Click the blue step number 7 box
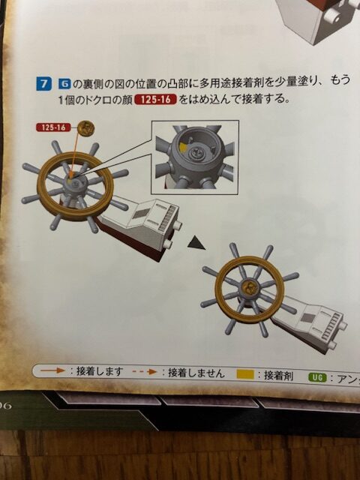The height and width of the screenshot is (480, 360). (x=42, y=83)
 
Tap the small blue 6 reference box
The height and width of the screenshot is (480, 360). (x=64, y=83)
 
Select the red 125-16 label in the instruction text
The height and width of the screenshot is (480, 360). (x=156, y=100)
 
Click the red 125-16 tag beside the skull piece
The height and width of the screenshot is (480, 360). (x=53, y=127)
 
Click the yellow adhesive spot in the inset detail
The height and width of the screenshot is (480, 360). (x=183, y=147)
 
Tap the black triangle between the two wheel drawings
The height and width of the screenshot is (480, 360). (x=196, y=243)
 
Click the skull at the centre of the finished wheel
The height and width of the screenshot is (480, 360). (x=249, y=287)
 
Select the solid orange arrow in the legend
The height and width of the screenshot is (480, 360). (x=52, y=370)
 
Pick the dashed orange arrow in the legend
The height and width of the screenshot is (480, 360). (x=145, y=372)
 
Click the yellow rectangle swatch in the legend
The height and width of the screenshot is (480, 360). (x=245, y=374)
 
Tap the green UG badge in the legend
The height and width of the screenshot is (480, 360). (x=318, y=378)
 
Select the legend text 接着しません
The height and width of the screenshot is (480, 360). (x=196, y=373)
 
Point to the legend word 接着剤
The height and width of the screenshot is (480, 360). (x=278, y=375)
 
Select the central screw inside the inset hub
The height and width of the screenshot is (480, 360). (x=195, y=151)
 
